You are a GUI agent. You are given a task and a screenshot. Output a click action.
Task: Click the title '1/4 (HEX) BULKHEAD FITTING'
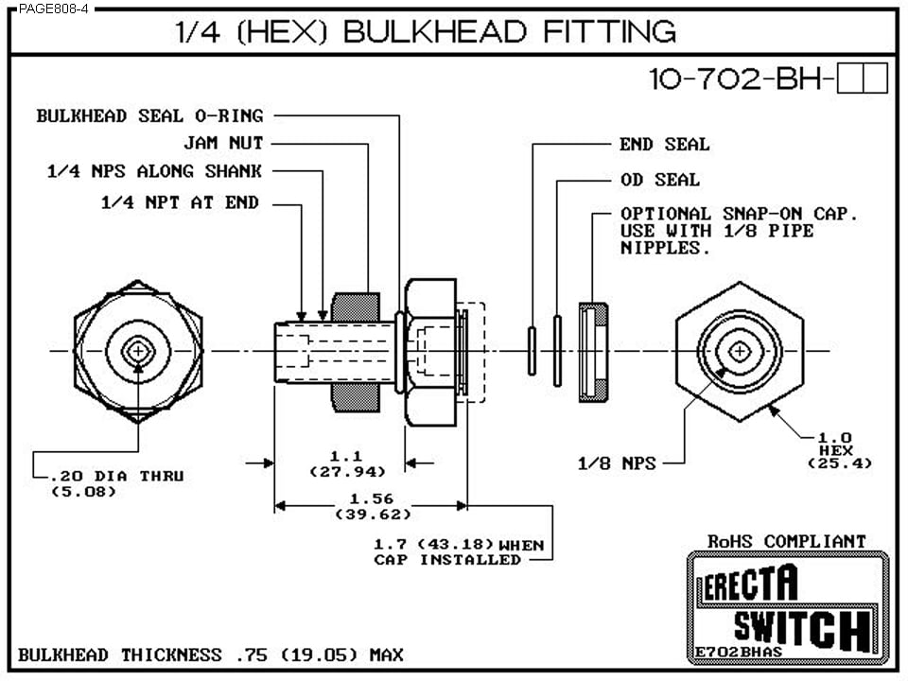(x=426, y=31)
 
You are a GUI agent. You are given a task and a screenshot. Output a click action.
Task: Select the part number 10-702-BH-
(x=742, y=79)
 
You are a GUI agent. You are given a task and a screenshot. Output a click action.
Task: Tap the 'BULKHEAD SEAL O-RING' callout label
(x=149, y=115)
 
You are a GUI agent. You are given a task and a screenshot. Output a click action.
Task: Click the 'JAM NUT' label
(x=223, y=143)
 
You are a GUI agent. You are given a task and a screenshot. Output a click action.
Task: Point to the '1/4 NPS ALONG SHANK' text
(x=154, y=171)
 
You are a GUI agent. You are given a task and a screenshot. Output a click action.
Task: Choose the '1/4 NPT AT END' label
(x=180, y=201)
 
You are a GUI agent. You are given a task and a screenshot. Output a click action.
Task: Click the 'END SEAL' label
(x=664, y=145)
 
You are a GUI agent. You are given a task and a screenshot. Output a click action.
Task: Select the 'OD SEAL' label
(x=659, y=180)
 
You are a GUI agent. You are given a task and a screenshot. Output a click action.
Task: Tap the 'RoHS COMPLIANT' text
(x=786, y=541)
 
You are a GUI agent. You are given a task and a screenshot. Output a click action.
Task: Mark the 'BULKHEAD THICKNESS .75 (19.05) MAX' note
(x=210, y=655)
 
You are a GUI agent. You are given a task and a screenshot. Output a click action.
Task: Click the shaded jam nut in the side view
(x=354, y=352)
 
